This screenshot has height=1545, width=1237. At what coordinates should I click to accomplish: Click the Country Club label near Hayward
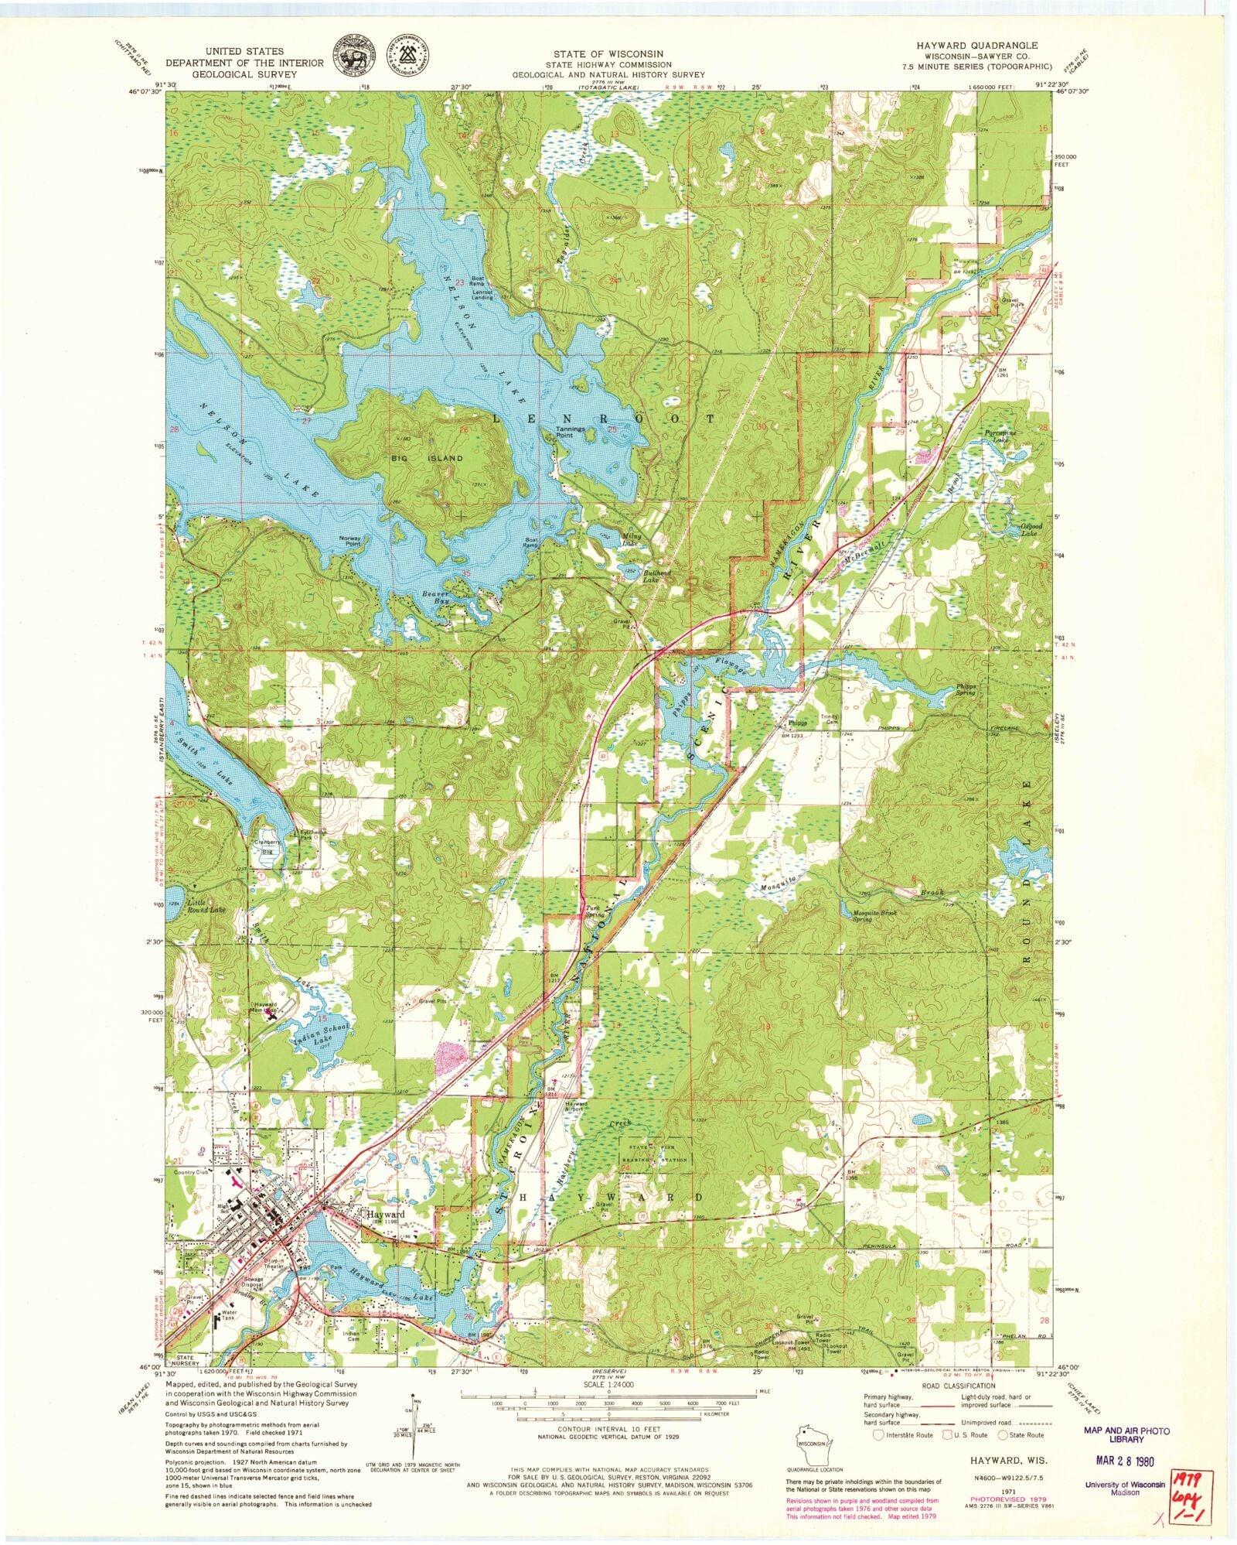(192, 1173)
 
